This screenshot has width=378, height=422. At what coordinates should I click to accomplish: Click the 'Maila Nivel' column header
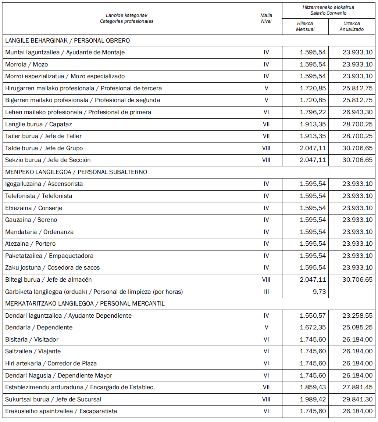(266, 18)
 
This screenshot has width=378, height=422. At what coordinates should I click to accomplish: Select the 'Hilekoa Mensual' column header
(305, 26)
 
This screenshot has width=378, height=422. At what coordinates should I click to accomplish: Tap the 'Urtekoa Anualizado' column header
(352, 26)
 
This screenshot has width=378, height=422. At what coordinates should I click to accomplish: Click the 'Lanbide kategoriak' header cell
(126, 18)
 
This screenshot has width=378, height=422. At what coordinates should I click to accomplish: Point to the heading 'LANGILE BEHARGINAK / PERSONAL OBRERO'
(68, 40)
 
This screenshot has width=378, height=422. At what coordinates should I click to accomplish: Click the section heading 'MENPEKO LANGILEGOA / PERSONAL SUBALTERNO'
(76, 172)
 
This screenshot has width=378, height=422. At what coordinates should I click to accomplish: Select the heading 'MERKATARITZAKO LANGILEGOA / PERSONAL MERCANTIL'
(85, 303)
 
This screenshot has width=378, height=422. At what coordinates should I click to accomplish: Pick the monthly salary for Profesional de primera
(313, 112)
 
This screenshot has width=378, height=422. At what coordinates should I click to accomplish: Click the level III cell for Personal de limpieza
(266, 292)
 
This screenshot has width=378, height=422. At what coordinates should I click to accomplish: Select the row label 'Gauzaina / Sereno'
(31, 220)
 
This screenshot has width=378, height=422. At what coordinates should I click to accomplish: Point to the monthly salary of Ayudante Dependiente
(313, 315)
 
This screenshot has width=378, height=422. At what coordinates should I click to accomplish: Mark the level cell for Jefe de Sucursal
(266, 399)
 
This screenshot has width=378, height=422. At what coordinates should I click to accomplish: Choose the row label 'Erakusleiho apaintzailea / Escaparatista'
(61, 411)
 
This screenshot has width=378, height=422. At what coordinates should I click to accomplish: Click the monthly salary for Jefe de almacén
(313, 279)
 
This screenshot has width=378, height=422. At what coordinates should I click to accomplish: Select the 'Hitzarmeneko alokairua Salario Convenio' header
(328, 10)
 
